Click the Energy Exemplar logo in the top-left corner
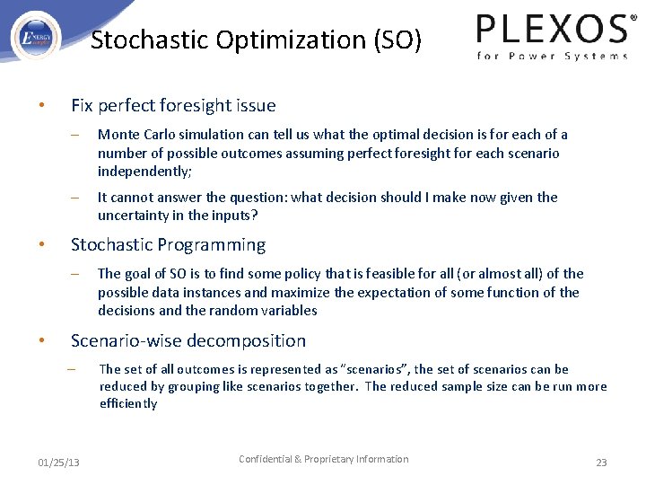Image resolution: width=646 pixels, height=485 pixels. pos(37,38)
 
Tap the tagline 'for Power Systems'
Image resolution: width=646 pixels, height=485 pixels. pos(552,57)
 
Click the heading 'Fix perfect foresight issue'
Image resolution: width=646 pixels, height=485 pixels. pos(173,106)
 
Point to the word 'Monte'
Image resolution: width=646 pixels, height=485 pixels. pos(118,135)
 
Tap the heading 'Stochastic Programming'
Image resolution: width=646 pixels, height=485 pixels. pos(168,245)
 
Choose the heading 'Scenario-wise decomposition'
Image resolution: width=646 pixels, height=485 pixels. pos(188,341)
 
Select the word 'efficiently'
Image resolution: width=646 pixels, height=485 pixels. pos(128,404)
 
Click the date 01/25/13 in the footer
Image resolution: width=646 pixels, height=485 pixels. pos(58,462)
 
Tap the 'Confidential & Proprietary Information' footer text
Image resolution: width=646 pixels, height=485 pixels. pos(323,459)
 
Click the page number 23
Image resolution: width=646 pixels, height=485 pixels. pos(601,462)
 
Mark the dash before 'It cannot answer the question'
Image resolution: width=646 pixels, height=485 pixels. pos(77,198)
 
